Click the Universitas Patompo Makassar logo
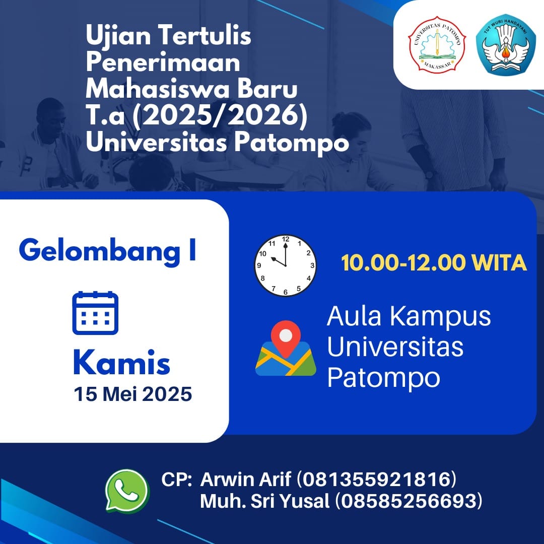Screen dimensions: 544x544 pos(437,44)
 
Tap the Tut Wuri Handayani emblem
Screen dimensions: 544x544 pos(506,44)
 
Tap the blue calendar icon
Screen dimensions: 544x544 pos(95,313)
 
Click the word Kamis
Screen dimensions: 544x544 pos(122,363)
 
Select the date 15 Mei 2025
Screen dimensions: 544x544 pos(133,394)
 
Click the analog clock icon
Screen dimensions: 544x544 pos(286,265)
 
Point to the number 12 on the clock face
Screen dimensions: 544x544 pos(286,239)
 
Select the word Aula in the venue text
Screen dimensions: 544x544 pos(354,316)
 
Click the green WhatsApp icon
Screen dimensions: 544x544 pos(127,491)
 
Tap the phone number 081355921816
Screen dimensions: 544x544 pos(376,480)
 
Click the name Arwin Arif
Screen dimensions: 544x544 pos(245,480)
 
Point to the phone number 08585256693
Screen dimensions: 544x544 pos(409,501)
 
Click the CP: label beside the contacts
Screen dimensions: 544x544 pos(176,480)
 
